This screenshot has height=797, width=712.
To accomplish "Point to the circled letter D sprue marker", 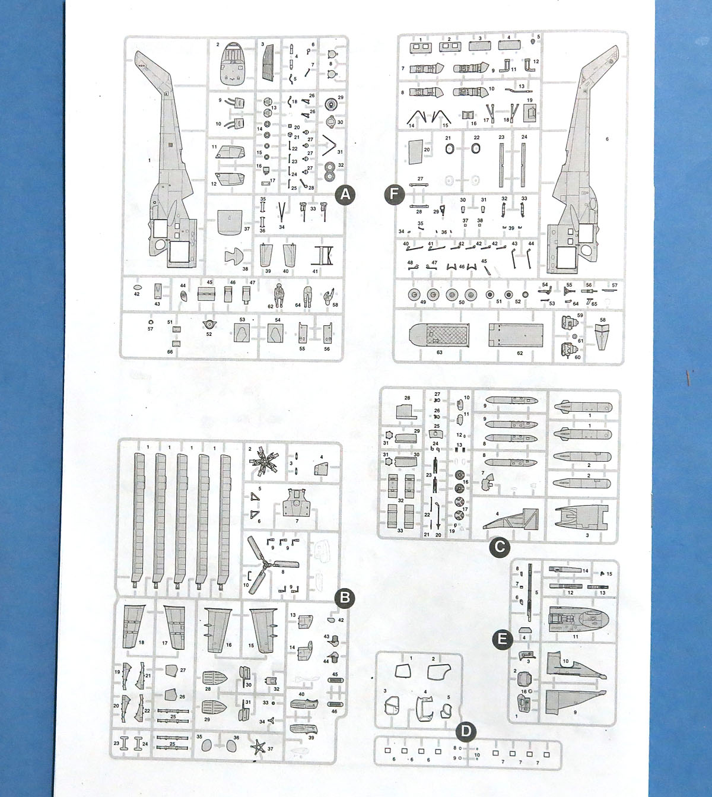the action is (x=466, y=731).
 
